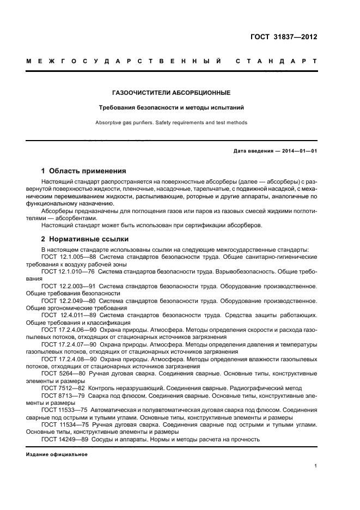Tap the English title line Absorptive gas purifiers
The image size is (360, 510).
click(x=170, y=123)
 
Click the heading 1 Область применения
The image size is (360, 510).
click(x=84, y=171)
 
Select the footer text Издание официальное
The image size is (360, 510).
click(x=57, y=454)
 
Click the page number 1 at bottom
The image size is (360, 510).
click(x=315, y=466)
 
